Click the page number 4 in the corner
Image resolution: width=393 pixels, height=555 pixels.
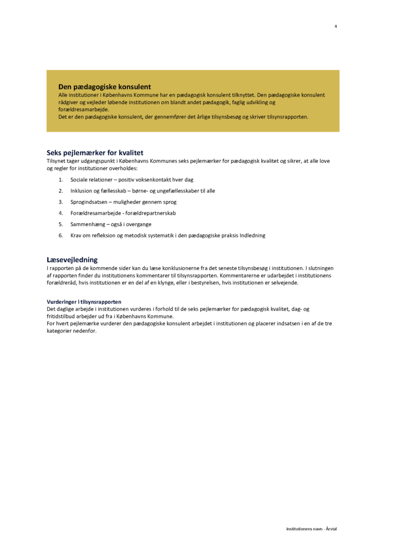335,26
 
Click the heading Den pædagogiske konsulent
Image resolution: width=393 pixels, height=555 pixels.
105,87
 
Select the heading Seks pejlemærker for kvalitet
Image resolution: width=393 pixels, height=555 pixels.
95,153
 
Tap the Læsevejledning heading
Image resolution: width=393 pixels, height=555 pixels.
72,260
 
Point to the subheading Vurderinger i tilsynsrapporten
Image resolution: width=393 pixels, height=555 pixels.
84,302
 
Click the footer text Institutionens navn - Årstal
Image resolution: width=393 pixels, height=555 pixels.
312,528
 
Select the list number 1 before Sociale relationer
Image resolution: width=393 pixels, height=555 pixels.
61,179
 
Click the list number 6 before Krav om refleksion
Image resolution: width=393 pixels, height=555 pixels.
61,235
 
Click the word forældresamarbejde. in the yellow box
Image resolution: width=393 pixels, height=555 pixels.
84,109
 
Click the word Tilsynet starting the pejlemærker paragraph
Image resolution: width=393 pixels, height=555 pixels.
58,161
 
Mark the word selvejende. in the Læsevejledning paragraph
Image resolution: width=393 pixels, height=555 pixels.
284,283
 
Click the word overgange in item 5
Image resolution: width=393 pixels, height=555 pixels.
139,224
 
